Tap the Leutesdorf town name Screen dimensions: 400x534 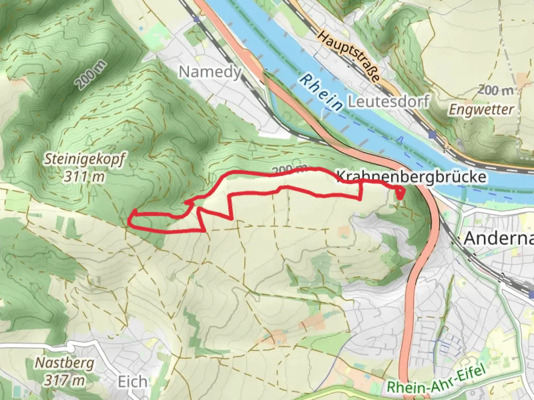pyautogui.click(x=388, y=101)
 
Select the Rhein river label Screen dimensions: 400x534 pyautogui.click(x=322, y=92)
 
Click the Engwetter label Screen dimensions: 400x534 pyautogui.click(x=481, y=110)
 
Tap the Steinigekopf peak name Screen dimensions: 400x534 pyautogui.click(x=85, y=160)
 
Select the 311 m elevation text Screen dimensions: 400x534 pyautogui.click(x=84, y=177)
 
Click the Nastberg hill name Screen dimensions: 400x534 pyautogui.click(x=65, y=363)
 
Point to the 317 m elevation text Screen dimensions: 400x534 pyautogui.click(x=65, y=380)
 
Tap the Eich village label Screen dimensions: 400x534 pyautogui.click(x=132, y=382)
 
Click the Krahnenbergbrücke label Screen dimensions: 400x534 pyautogui.click(x=411, y=177)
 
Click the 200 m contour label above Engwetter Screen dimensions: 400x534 pyautogui.click(x=496, y=90)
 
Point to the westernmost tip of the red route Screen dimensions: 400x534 pyautogui.click(x=129, y=221)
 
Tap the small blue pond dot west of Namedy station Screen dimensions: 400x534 pyautogui.click(x=141, y=29)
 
